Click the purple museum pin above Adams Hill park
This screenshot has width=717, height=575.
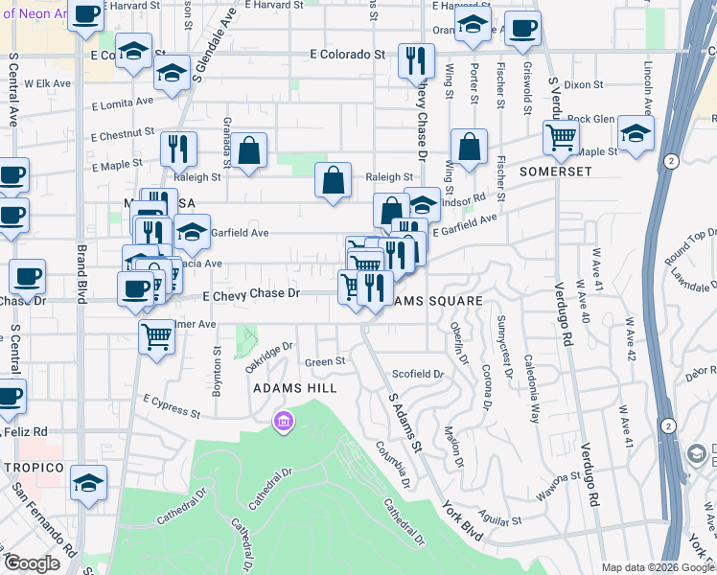pyautogui.click(x=283, y=421)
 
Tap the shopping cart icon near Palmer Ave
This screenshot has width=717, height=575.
pyautogui.click(x=156, y=336)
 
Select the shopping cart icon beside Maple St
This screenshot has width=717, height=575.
pyautogui.click(x=561, y=137)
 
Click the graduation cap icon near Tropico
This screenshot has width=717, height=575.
pyautogui.click(x=88, y=484)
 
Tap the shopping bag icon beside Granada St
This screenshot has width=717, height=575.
pyautogui.click(x=248, y=150)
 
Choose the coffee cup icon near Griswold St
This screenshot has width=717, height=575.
pyautogui.click(x=522, y=29)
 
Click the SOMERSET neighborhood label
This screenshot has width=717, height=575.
pyautogui.click(x=555, y=172)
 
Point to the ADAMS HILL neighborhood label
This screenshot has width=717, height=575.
pyautogui.click(x=294, y=388)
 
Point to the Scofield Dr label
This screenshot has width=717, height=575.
pyautogui.click(x=419, y=374)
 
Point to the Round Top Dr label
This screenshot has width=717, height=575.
pyautogui.click(x=691, y=246)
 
